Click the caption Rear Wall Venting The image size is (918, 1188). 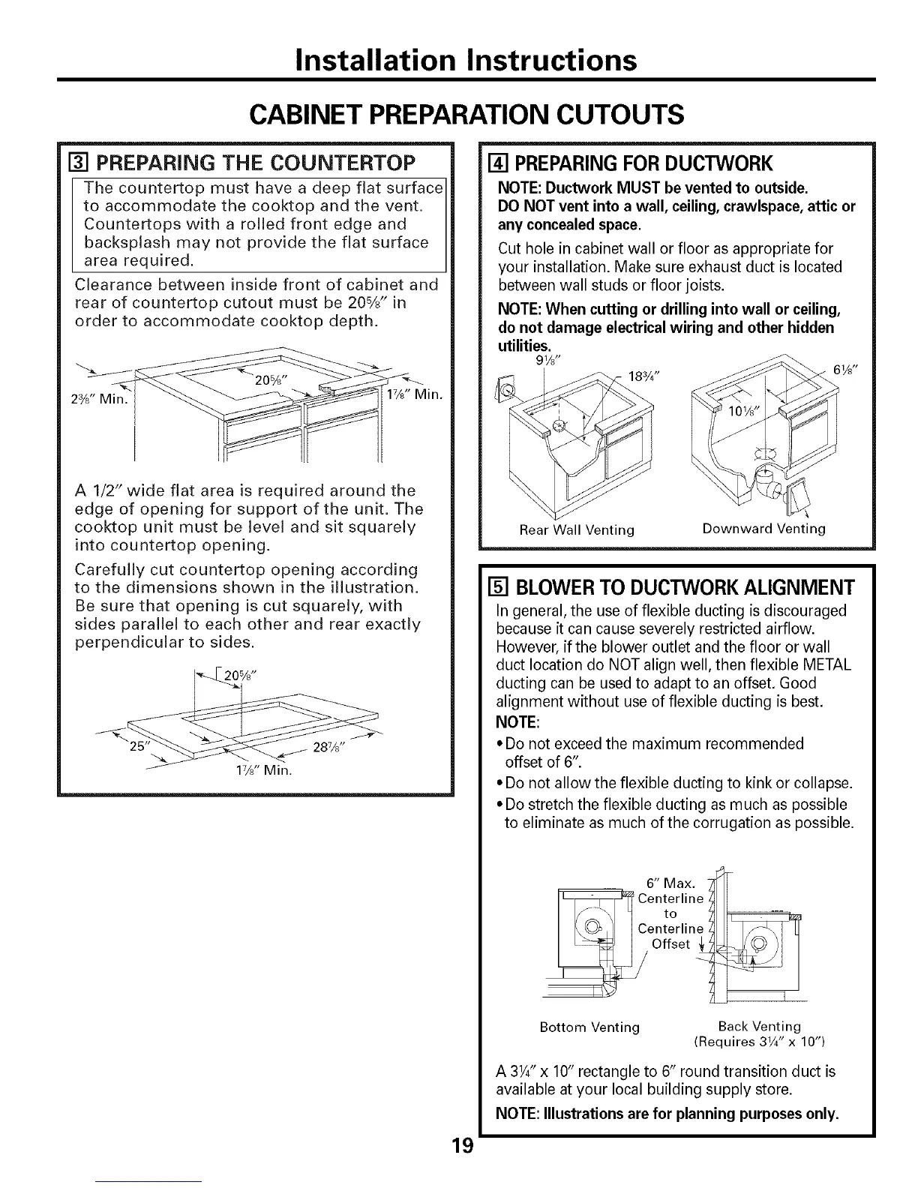(577, 530)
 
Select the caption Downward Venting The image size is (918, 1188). (763, 529)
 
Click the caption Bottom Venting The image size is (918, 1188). (589, 1026)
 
